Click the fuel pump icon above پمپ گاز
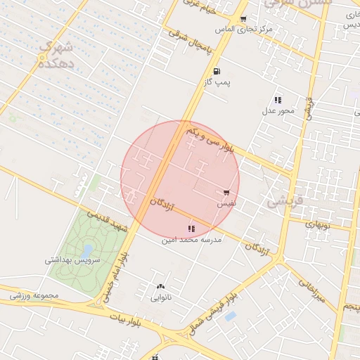[x=215, y=72]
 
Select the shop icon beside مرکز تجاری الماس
[x=243, y=19]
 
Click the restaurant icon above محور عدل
[x=278, y=100]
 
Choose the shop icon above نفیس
[x=226, y=192]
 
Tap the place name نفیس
[x=226, y=202]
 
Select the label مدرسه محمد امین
[x=192, y=240]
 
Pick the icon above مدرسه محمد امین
[x=191, y=228]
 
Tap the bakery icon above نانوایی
[x=161, y=287]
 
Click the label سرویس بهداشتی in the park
[x=74, y=259]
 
